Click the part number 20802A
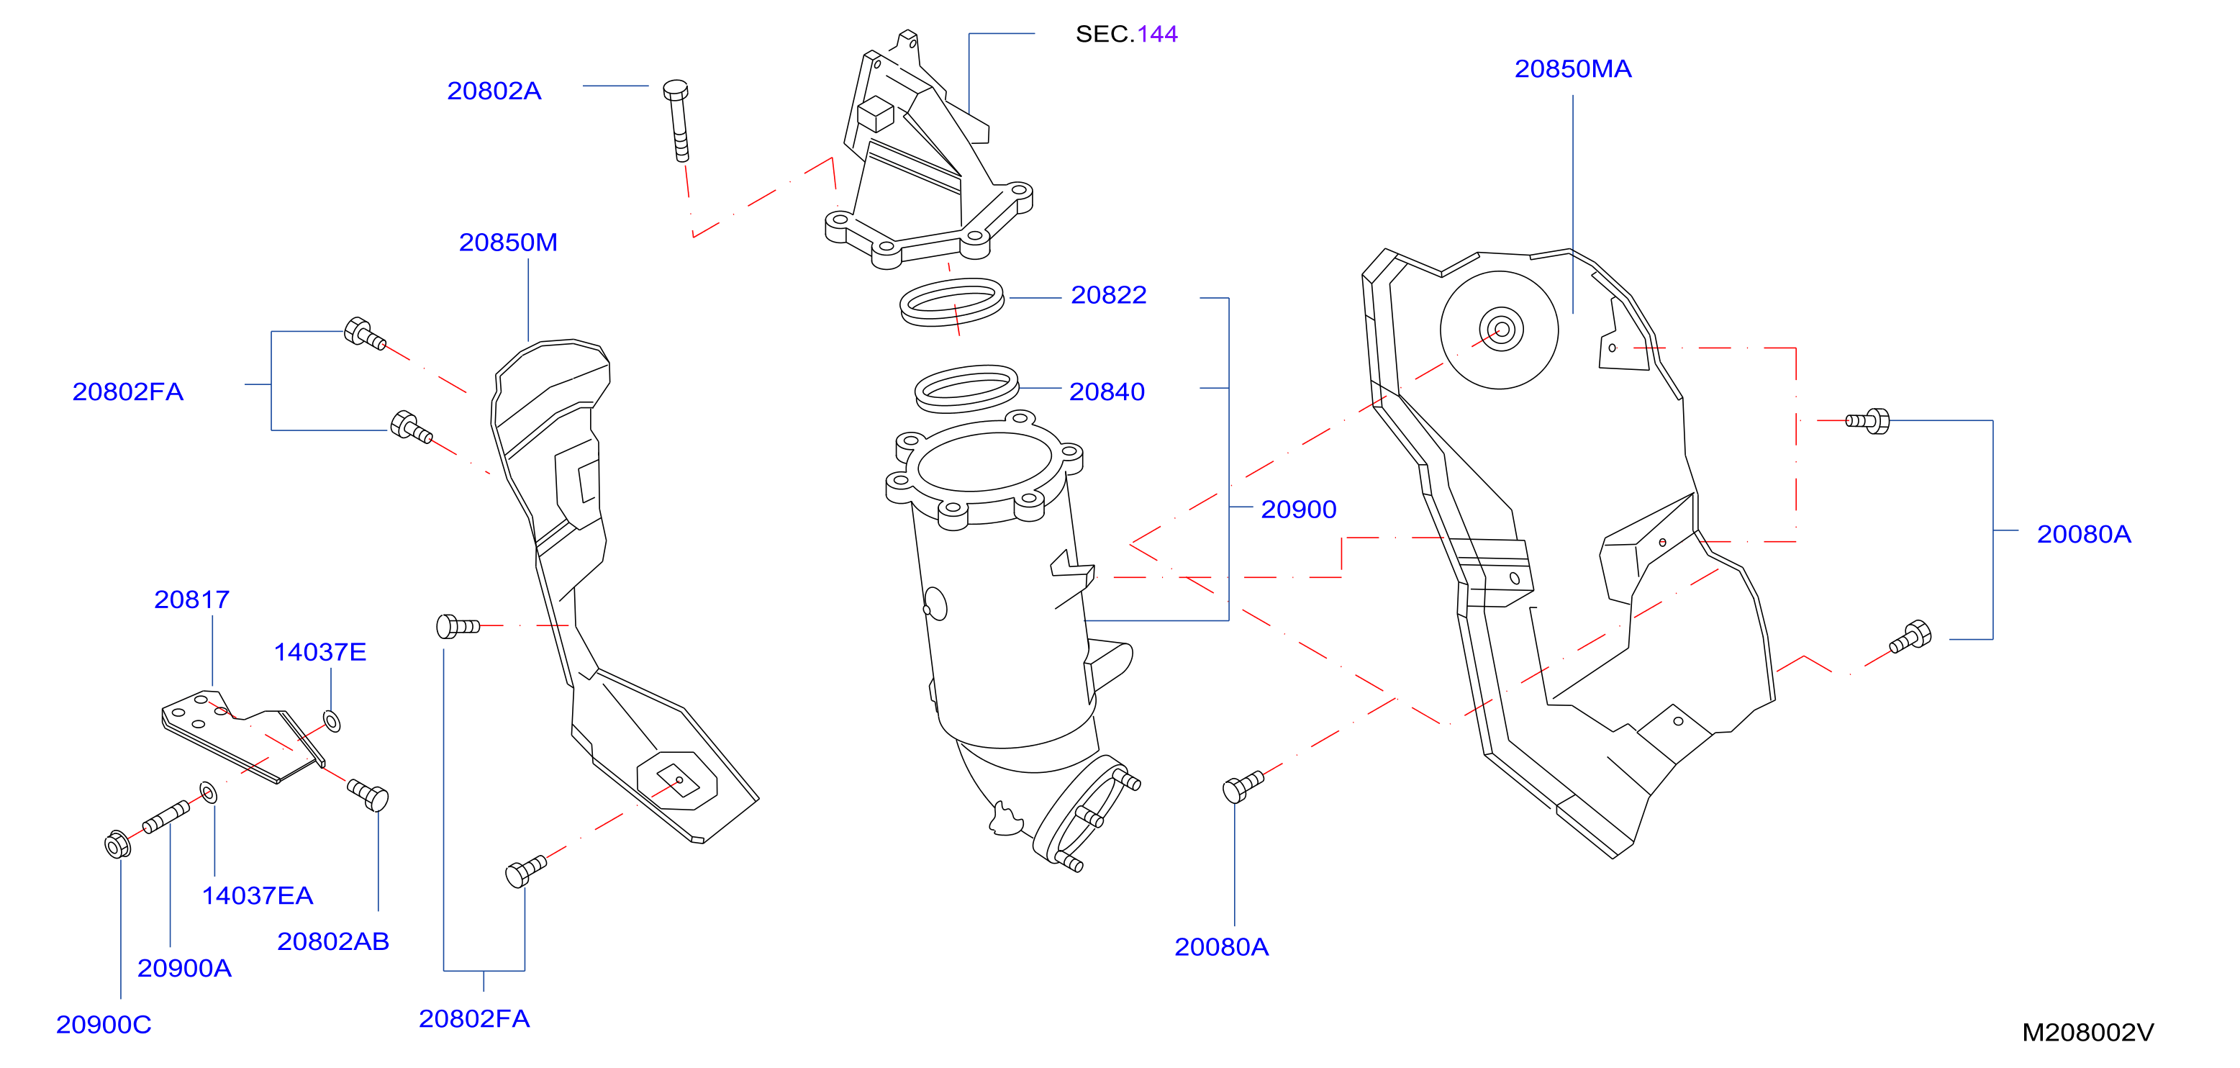coord(494,91)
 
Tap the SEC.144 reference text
coord(1126,34)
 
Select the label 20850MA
coord(1572,68)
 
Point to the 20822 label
coord(1108,295)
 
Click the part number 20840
coord(1106,392)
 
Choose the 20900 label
coord(1298,509)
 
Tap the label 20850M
coord(508,242)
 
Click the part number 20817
coord(191,599)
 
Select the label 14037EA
coord(258,895)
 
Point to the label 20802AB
coord(333,941)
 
